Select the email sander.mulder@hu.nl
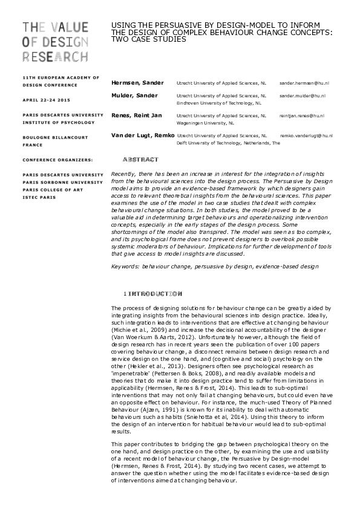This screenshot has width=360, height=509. click(x=303, y=96)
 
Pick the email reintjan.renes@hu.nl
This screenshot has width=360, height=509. click(x=303, y=115)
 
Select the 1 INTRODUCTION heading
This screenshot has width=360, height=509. click(x=152, y=294)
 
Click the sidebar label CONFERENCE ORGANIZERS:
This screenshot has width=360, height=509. click(x=57, y=159)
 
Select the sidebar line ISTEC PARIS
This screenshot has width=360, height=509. click(x=39, y=197)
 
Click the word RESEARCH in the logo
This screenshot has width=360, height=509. click(x=55, y=57)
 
